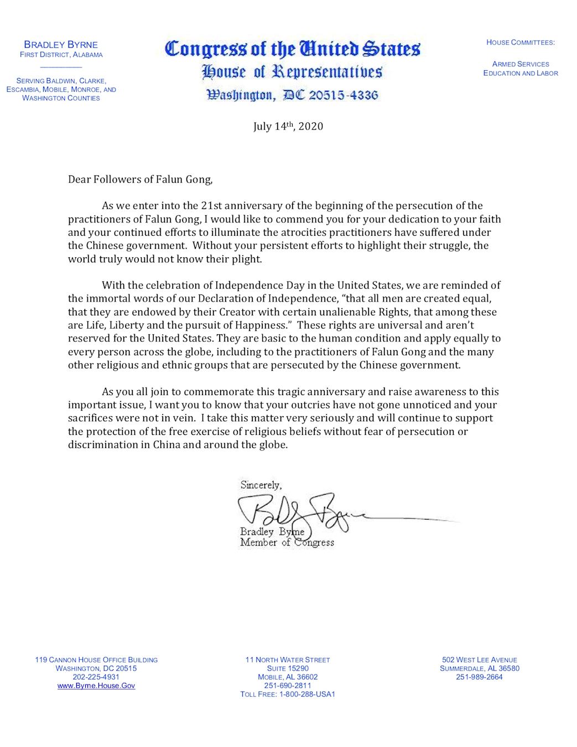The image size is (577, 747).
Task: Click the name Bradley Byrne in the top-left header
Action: pos(61,45)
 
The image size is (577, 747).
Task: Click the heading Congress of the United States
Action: pos(293,49)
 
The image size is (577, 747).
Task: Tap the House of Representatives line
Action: pos(292,72)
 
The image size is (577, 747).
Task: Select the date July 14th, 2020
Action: pos(288,126)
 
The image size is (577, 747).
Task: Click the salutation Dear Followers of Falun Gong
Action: pos(140,179)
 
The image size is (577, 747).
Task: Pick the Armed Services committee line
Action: pos(521,64)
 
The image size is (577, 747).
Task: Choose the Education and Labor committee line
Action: pos(521,73)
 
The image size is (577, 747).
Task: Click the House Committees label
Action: pos(521,43)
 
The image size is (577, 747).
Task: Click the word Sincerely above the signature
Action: pos(261,485)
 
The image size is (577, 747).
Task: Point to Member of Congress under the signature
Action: pos(287,543)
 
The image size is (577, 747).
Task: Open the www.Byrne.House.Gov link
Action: pos(96,686)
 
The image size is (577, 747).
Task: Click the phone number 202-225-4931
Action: pos(96,677)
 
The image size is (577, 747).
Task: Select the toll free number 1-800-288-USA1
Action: pos(288,694)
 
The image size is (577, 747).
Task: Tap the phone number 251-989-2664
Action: pos(479,677)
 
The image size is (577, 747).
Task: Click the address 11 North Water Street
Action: pos(288,660)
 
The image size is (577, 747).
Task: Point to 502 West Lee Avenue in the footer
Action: pos(479,660)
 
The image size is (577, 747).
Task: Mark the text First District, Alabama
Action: pos(61,55)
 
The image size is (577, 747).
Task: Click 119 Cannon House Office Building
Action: pos(96,660)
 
